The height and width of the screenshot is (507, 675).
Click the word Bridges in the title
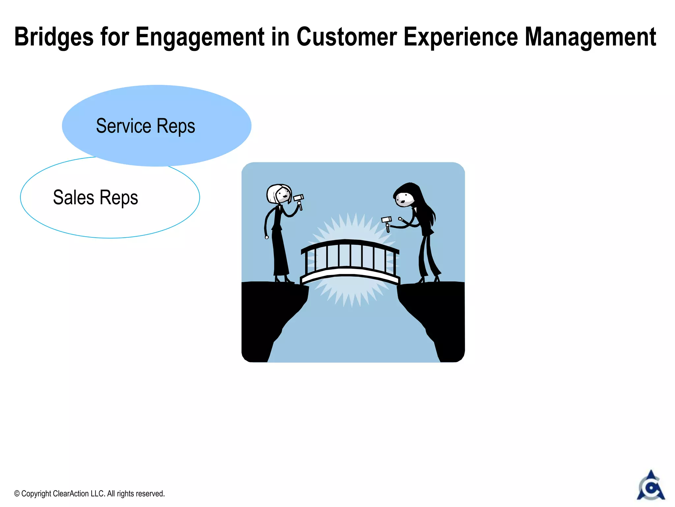pos(54,37)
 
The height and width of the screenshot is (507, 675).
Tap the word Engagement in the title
pos(200,37)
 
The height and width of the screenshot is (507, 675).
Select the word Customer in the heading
pos(346,37)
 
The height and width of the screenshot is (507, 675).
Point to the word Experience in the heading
pos(460,37)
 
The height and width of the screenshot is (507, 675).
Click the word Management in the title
pos(590,37)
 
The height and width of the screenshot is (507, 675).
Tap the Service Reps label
pos(145,126)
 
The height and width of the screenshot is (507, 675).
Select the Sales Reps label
pos(95,197)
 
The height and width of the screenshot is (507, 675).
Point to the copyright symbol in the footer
pos(17,494)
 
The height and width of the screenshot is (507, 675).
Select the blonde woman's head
pos(279,194)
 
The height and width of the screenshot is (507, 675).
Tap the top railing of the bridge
pos(349,243)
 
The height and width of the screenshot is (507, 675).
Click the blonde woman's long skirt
pos(280,254)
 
